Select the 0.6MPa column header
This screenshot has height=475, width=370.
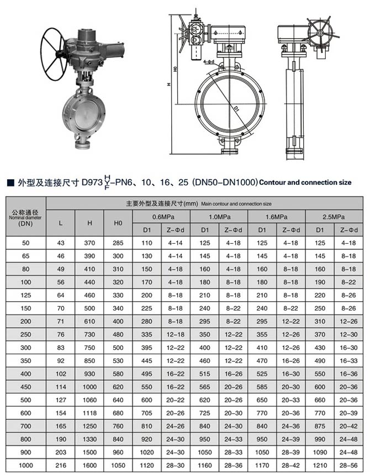(x=161, y=217)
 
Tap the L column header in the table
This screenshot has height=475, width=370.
(x=61, y=223)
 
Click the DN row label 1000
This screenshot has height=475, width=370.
(x=26, y=466)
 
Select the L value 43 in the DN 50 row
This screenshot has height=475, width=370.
(x=61, y=243)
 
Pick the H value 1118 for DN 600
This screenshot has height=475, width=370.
(x=89, y=413)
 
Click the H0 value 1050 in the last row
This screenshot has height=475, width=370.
(x=118, y=466)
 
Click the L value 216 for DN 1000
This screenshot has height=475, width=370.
(x=61, y=466)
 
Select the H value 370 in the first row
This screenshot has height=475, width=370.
(x=89, y=243)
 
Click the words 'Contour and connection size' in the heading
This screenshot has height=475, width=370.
(x=305, y=182)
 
